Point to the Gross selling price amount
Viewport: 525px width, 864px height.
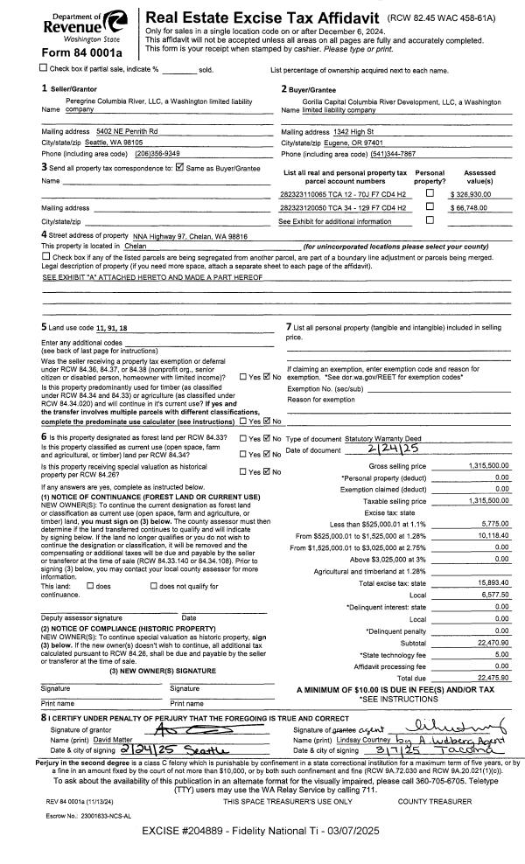[x=487, y=467]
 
